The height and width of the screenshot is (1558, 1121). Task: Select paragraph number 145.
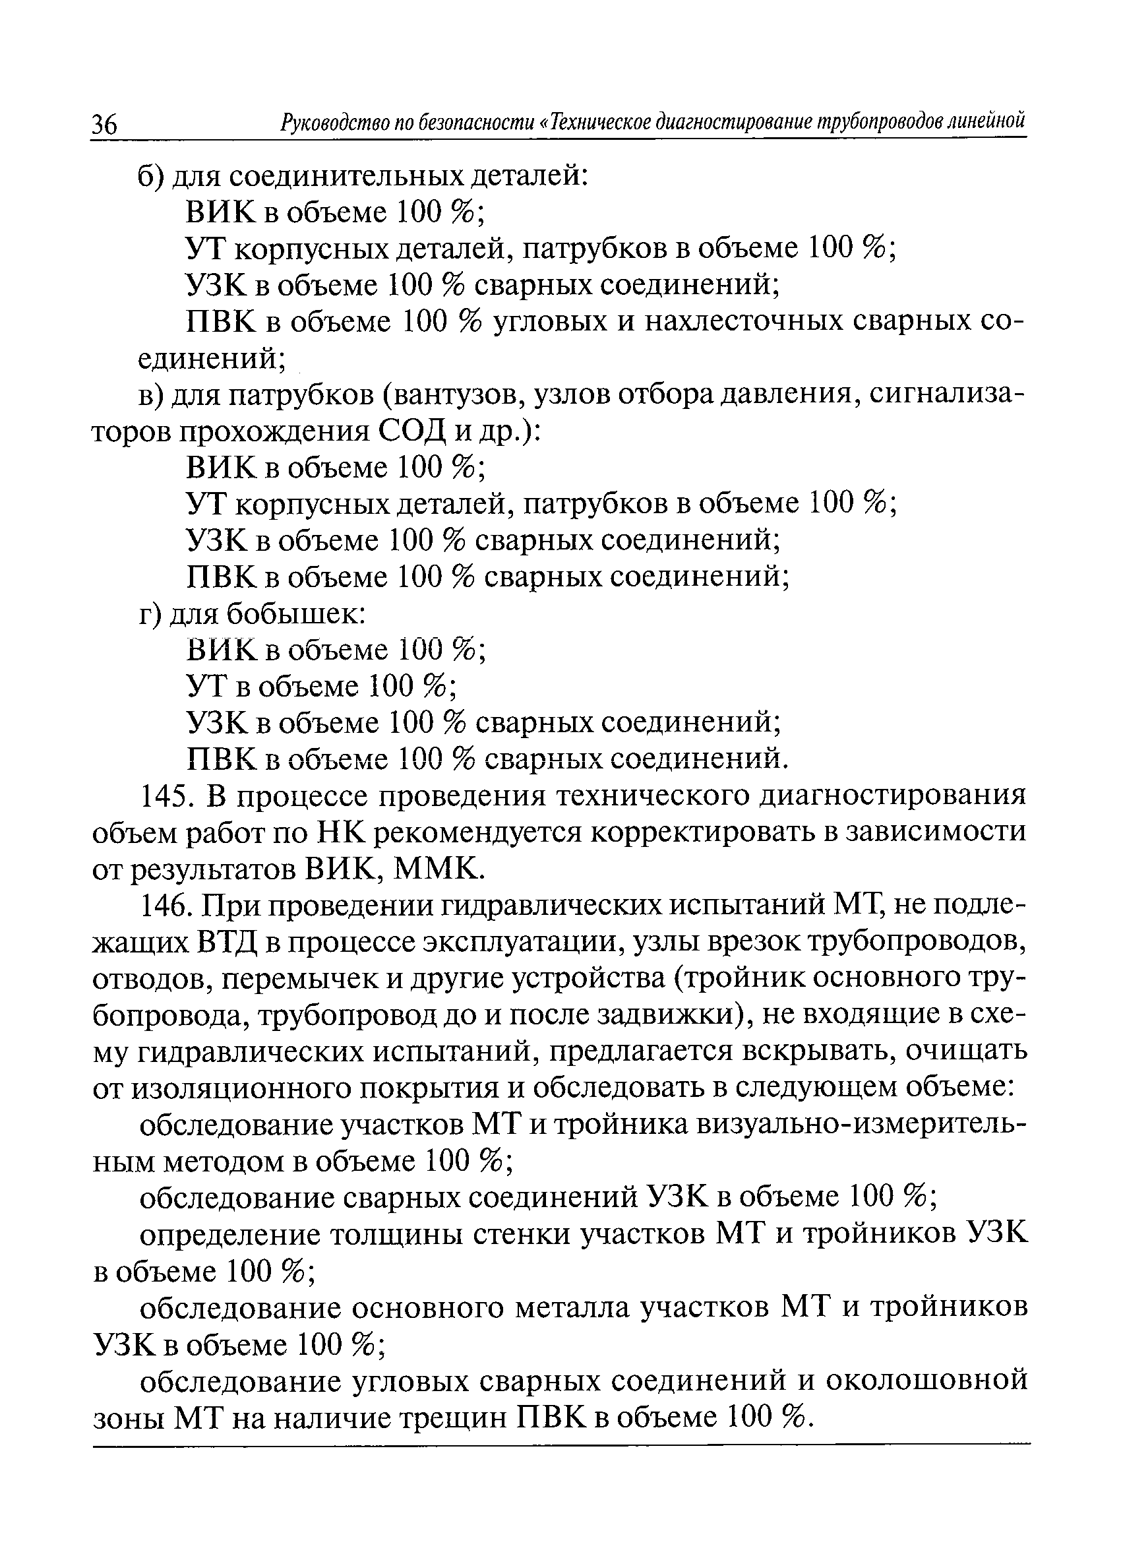click(x=167, y=796)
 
